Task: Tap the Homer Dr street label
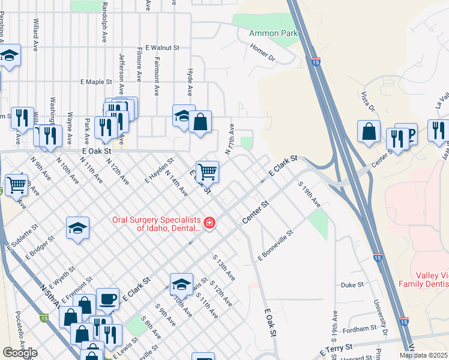point(262,53)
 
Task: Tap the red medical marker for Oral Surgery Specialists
point(209,223)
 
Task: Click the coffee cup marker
point(108,298)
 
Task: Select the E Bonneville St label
point(275,245)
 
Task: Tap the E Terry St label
point(336,349)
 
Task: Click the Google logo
point(20,353)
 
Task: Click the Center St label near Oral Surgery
point(255,213)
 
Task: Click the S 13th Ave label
point(223,267)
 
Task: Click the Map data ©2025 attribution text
point(423,355)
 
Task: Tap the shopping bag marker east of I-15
point(369,131)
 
